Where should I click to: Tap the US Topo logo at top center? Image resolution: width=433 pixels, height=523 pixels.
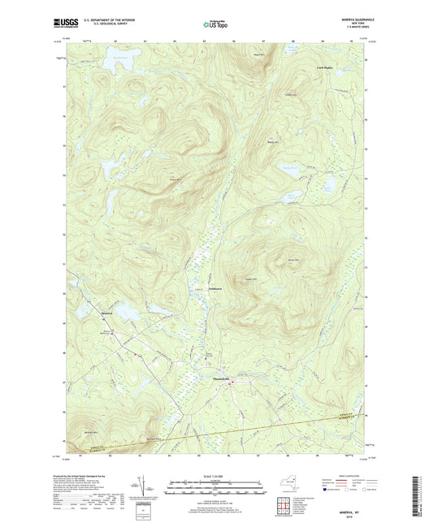point(215,25)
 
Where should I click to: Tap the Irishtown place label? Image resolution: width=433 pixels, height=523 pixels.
point(206,288)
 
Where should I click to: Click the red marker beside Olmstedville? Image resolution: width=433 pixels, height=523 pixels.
point(231,382)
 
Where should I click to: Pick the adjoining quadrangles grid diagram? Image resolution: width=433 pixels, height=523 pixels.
point(305,504)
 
